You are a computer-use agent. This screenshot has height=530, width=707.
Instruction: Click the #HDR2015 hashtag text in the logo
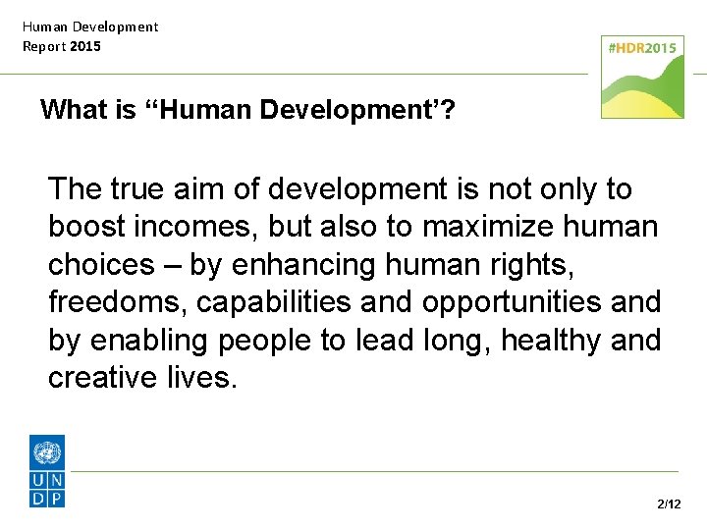(x=642, y=48)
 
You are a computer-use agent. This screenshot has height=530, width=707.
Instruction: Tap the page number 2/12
(x=669, y=504)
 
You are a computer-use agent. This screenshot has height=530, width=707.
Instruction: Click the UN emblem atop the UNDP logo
(x=47, y=453)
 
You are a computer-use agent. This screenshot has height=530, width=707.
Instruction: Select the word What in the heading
(x=74, y=109)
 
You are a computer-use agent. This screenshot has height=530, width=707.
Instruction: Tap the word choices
(x=100, y=265)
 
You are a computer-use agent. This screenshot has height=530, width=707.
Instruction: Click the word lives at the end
(x=200, y=378)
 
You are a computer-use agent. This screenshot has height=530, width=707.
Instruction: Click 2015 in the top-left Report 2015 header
(x=85, y=46)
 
